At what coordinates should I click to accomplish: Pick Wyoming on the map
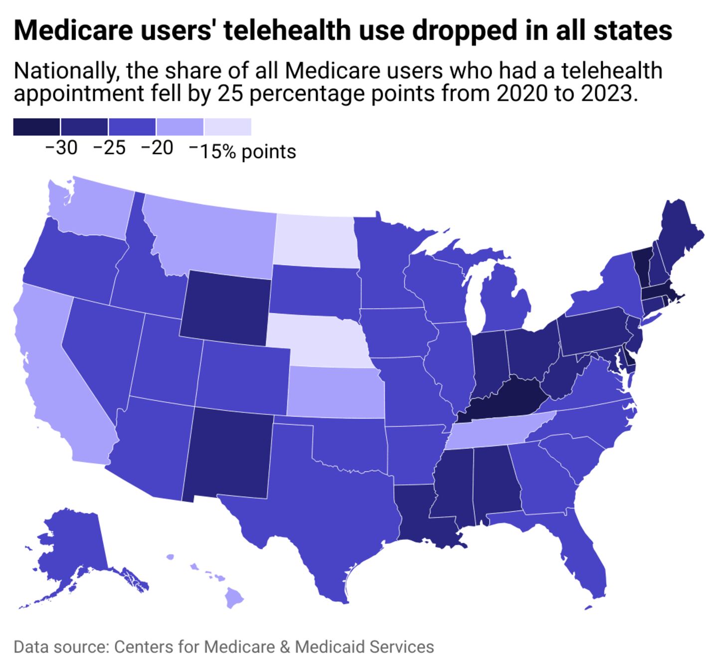(x=227, y=307)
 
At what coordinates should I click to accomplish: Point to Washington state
(x=92, y=209)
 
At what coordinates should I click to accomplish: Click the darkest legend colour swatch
(x=36, y=127)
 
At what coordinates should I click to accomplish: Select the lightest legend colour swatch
(x=228, y=127)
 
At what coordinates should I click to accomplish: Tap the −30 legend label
(x=61, y=148)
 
